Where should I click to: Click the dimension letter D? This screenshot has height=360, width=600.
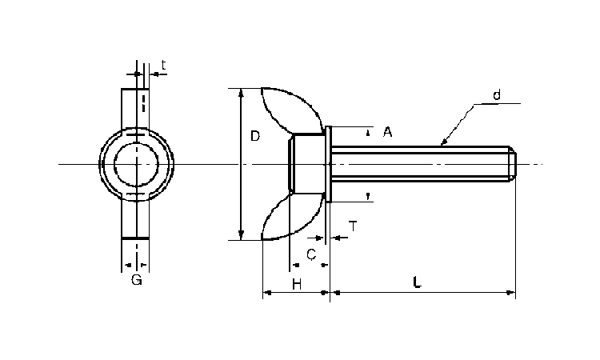(255, 136)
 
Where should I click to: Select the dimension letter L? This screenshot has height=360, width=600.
(417, 282)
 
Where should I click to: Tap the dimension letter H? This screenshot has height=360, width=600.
(297, 284)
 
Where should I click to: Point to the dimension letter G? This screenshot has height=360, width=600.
(137, 280)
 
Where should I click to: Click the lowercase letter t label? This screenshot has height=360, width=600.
(163, 66)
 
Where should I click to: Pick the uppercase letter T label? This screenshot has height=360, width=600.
(353, 226)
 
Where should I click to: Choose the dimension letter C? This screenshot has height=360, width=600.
(311, 254)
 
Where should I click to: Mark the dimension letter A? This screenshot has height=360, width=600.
(388, 132)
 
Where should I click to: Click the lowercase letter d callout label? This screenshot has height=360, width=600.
(497, 94)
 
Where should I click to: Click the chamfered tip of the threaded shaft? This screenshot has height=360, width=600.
(512, 165)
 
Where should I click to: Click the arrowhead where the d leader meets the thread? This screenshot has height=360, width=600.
(443, 142)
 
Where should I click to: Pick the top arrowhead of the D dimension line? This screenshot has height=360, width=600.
(241, 92)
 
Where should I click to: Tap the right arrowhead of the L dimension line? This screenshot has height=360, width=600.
(511, 293)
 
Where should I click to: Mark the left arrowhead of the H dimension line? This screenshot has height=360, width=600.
(267, 293)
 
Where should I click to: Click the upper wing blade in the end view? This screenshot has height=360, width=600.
(135, 108)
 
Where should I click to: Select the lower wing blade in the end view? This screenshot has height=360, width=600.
(135, 218)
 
